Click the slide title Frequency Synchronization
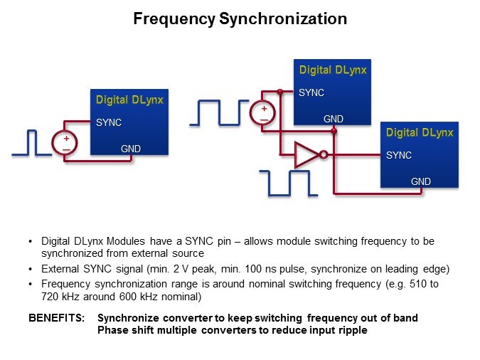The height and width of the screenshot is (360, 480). click(x=240, y=19)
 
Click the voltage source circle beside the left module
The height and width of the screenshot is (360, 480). click(x=65, y=143)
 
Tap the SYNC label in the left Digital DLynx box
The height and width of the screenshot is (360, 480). click(x=109, y=122)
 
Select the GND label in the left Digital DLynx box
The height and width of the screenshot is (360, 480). click(x=131, y=149)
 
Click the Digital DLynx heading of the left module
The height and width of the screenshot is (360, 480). click(x=129, y=100)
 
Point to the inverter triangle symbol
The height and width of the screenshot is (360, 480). click(x=306, y=154)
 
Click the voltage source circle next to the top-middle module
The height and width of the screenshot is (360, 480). click(x=263, y=113)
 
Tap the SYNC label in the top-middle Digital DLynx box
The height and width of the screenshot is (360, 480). click(x=311, y=92)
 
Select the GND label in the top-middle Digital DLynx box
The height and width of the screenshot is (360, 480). click(x=334, y=120)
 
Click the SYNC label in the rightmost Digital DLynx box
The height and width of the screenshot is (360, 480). click(x=399, y=154)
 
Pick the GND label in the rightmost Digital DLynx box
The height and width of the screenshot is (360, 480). click(x=421, y=181)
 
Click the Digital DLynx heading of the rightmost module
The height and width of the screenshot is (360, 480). click(x=420, y=132)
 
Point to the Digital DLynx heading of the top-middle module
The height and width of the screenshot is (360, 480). click(x=333, y=70)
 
